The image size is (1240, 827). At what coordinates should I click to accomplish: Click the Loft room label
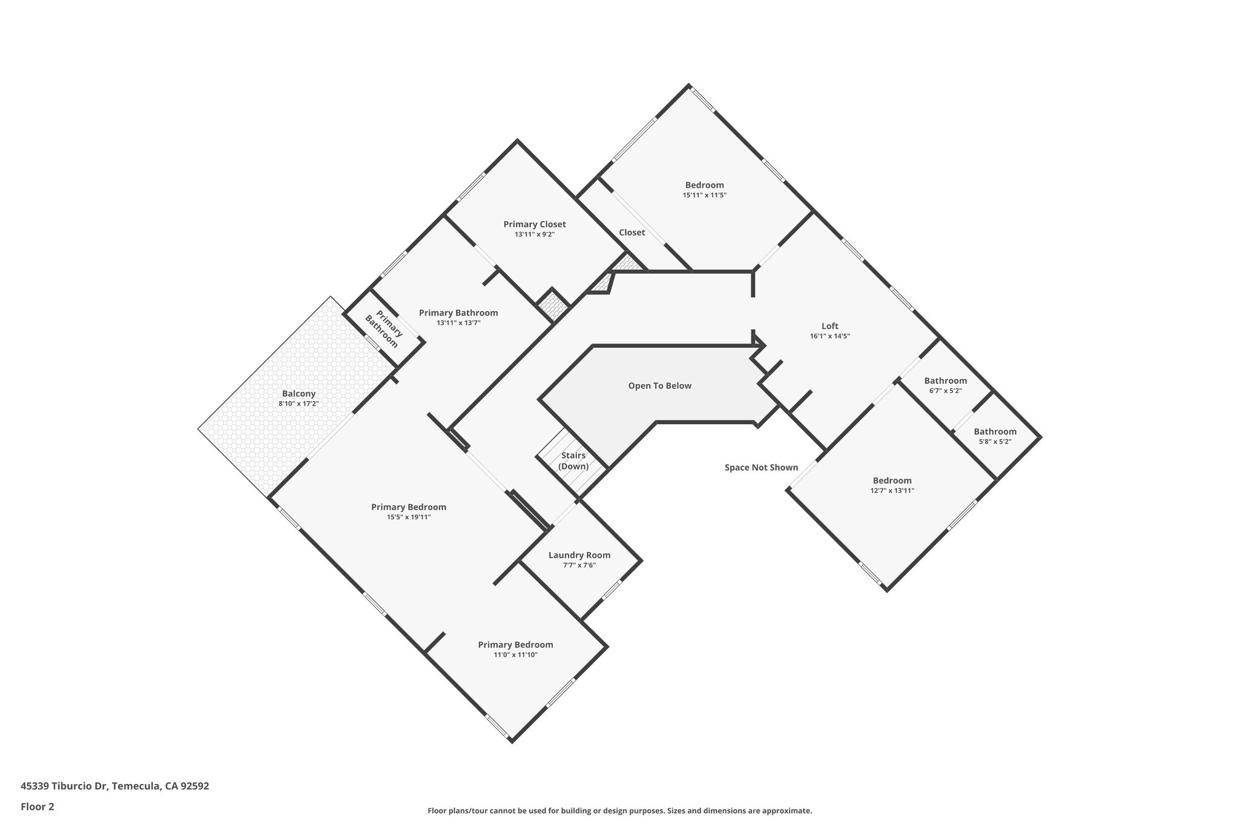pyautogui.click(x=829, y=326)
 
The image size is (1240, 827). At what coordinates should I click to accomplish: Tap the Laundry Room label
pyautogui.click(x=579, y=555)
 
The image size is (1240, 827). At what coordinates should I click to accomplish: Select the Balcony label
pyautogui.click(x=298, y=394)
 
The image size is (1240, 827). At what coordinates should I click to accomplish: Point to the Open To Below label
pyautogui.click(x=659, y=386)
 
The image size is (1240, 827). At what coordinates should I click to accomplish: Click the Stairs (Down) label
pyautogui.click(x=573, y=461)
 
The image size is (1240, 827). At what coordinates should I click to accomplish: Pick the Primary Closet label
pyautogui.click(x=535, y=224)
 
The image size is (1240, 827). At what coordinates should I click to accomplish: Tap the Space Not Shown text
pyautogui.click(x=761, y=468)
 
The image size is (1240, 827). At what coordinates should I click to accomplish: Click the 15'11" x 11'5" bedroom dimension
pyautogui.click(x=704, y=195)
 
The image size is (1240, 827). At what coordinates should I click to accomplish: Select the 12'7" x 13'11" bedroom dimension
pyautogui.click(x=892, y=491)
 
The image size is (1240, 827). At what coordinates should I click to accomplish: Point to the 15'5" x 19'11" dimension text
pyautogui.click(x=409, y=517)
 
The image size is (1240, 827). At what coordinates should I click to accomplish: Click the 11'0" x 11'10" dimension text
pyautogui.click(x=515, y=655)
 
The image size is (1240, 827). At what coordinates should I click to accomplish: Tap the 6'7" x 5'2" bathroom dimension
pyautogui.click(x=945, y=391)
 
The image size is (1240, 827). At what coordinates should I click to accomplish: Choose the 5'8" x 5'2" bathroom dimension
pyautogui.click(x=995, y=442)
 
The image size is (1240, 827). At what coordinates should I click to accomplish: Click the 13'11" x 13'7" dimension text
pyautogui.click(x=458, y=323)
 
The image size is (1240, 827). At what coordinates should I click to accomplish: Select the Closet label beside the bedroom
pyautogui.click(x=632, y=233)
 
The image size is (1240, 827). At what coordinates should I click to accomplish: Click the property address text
pyautogui.click(x=115, y=786)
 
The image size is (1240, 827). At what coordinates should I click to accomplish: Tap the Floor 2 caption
pyautogui.click(x=38, y=806)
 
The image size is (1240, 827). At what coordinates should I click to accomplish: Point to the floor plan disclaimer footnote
pyautogui.click(x=619, y=811)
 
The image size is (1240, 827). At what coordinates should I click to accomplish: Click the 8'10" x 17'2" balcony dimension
pyautogui.click(x=298, y=404)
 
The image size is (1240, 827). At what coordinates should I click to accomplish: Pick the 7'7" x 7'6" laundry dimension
pyautogui.click(x=579, y=565)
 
